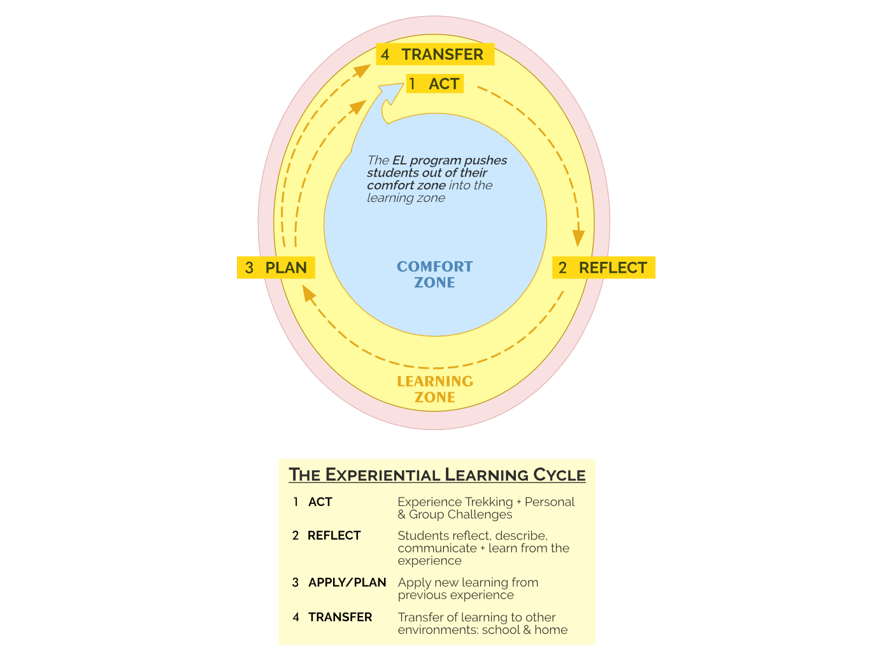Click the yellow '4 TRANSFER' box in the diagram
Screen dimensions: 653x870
[435, 55]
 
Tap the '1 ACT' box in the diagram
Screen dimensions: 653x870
[435, 84]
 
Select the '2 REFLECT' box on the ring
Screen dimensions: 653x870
[603, 268]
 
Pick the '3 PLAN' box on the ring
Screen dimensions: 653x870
[276, 268]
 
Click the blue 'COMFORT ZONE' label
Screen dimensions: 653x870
[435, 275]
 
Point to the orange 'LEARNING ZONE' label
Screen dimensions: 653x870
[435, 389]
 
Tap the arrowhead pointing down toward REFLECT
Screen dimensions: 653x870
[578, 238]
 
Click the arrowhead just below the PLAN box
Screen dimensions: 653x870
[309, 294]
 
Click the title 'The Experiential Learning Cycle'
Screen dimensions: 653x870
[437, 475]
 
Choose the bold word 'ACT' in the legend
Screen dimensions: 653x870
[320, 502]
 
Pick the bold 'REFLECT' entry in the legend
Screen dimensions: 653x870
[334, 536]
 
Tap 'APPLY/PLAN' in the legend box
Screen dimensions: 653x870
[347, 582]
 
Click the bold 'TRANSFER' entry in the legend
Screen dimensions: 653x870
[340, 617]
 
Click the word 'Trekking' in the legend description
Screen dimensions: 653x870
[488, 502]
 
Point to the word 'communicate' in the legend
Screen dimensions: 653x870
[437, 549]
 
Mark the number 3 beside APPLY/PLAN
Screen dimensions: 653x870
[296, 582]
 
